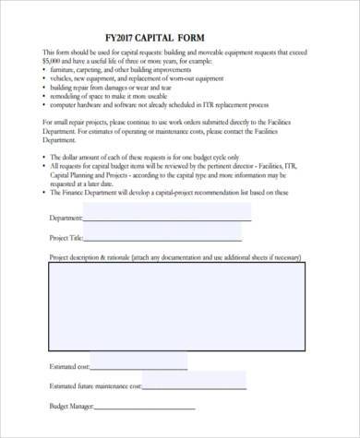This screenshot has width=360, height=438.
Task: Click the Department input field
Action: tap(167, 213)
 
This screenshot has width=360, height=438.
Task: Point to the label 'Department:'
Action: tap(65, 219)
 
